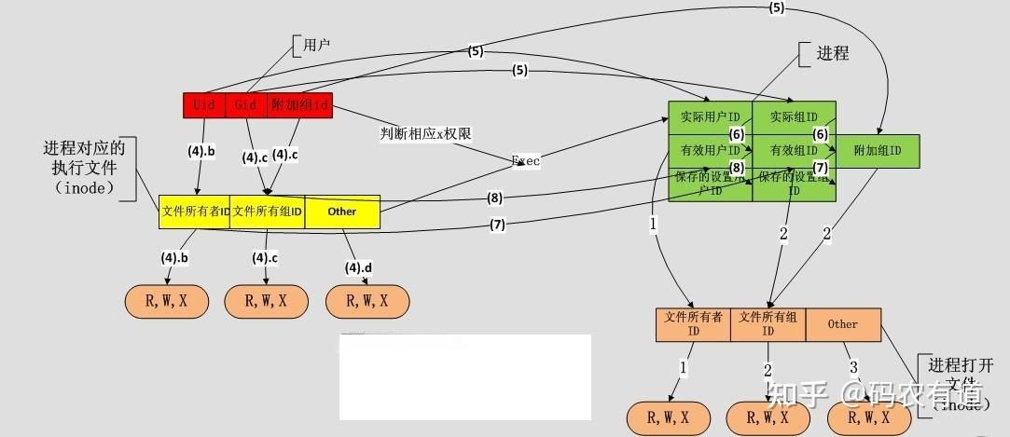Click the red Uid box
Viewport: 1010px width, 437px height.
pyautogui.click(x=204, y=105)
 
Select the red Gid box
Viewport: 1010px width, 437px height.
pyautogui.click(x=246, y=105)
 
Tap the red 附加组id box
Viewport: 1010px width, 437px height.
pyautogui.click(x=299, y=105)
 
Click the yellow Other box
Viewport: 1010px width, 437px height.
pyautogui.click(x=342, y=212)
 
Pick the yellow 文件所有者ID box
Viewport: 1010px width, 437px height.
pyautogui.click(x=195, y=212)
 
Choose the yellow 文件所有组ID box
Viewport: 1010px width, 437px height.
pyautogui.click(x=268, y=212)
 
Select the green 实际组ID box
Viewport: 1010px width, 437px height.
pyautogui.click(x=794, y=117)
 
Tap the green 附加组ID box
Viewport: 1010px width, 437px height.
pyautogui.click(x=877, y=150)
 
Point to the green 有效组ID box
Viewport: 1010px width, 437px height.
pyautogui.click(x=794, y=150)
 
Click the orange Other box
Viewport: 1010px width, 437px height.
pyautogui.click(x=842, y=324)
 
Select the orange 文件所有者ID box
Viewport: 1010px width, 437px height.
pyautogui.click(x=693, y=324)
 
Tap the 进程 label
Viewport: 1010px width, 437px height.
pyautogui.click(x=833, y=53)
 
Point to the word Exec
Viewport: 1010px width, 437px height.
pyautogui.click(x=526, y=160)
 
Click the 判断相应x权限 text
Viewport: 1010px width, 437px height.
pyautogui.click(x=425, y=133)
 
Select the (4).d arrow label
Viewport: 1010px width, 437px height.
pyautogui.click(x=358, y=267)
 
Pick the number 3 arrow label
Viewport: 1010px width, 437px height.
pyautogui.click(x=852, y=367)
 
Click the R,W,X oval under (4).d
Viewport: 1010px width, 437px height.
pyautogui.click(x=367, y=301)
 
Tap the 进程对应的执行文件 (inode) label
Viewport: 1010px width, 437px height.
pyautogui.click(x=84, y=168)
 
